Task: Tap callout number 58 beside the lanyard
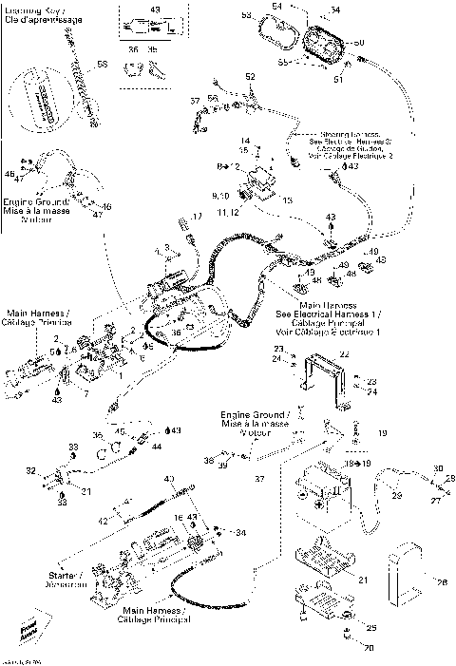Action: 103,65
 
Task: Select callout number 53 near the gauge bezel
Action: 246,16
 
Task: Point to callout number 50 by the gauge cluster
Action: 358,45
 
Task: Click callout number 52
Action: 250,76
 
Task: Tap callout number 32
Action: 30,470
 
